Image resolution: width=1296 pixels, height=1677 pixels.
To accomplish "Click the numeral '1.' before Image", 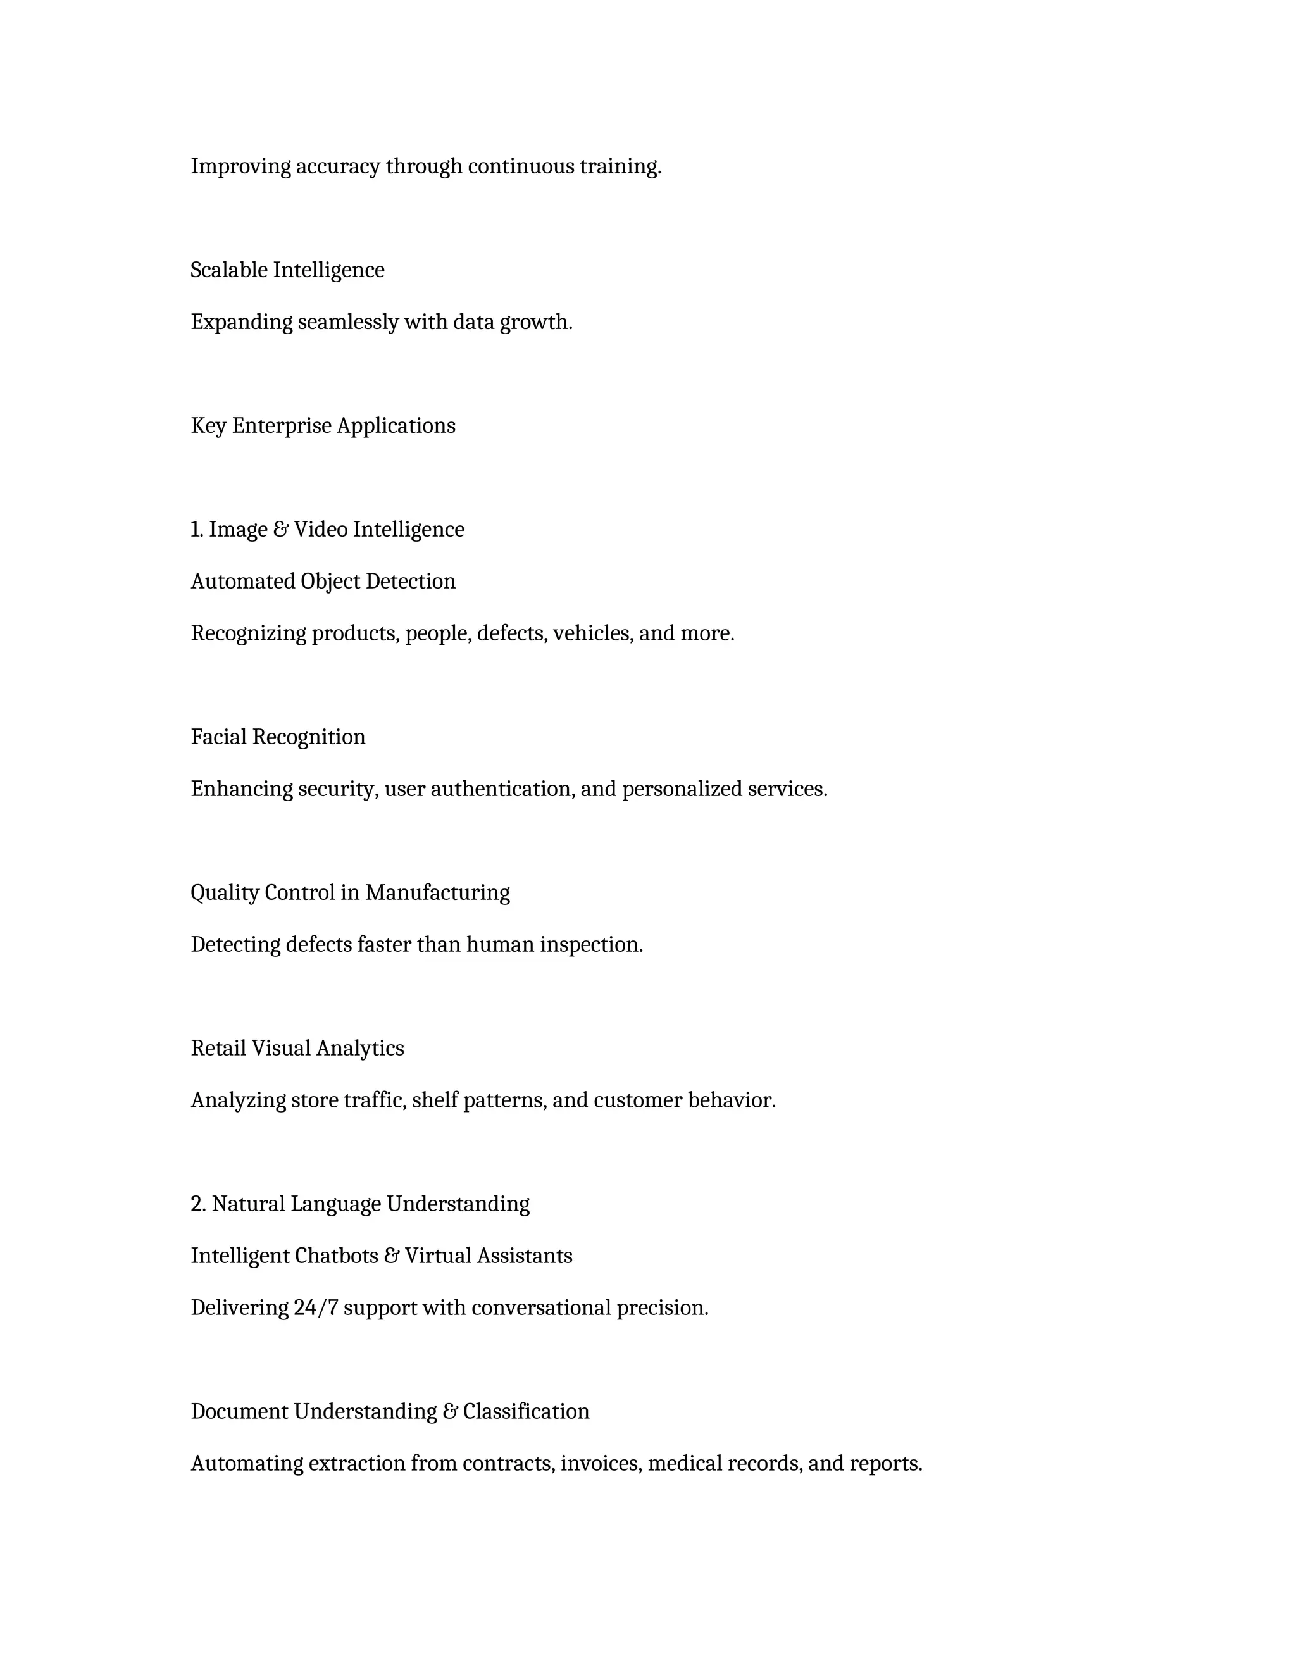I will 197,530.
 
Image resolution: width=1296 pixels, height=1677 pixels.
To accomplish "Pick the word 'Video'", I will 321,530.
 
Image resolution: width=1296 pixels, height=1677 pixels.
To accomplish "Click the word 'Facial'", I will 219,737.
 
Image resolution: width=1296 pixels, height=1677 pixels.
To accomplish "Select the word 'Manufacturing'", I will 438,893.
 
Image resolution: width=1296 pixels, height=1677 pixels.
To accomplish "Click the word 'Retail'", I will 219,1049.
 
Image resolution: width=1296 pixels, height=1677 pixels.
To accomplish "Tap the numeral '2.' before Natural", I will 199,1204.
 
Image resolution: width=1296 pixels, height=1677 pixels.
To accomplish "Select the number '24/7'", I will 316,1307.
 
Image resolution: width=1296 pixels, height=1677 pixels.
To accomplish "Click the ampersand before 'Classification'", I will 451,1411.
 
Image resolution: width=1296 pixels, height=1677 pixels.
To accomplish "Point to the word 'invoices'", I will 601,1464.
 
